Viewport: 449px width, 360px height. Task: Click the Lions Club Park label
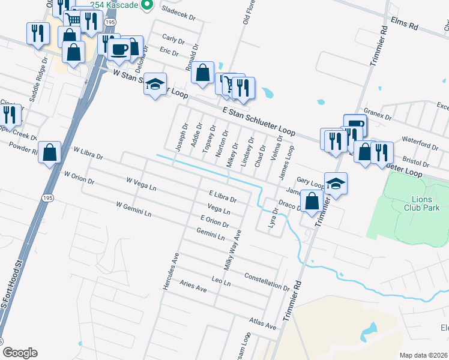426,203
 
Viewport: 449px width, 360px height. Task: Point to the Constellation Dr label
268,280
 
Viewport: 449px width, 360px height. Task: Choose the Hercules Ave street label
170,272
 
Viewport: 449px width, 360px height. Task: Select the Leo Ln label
221,280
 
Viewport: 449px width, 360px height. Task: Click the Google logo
20,352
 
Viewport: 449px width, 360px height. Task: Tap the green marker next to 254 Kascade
143,5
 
